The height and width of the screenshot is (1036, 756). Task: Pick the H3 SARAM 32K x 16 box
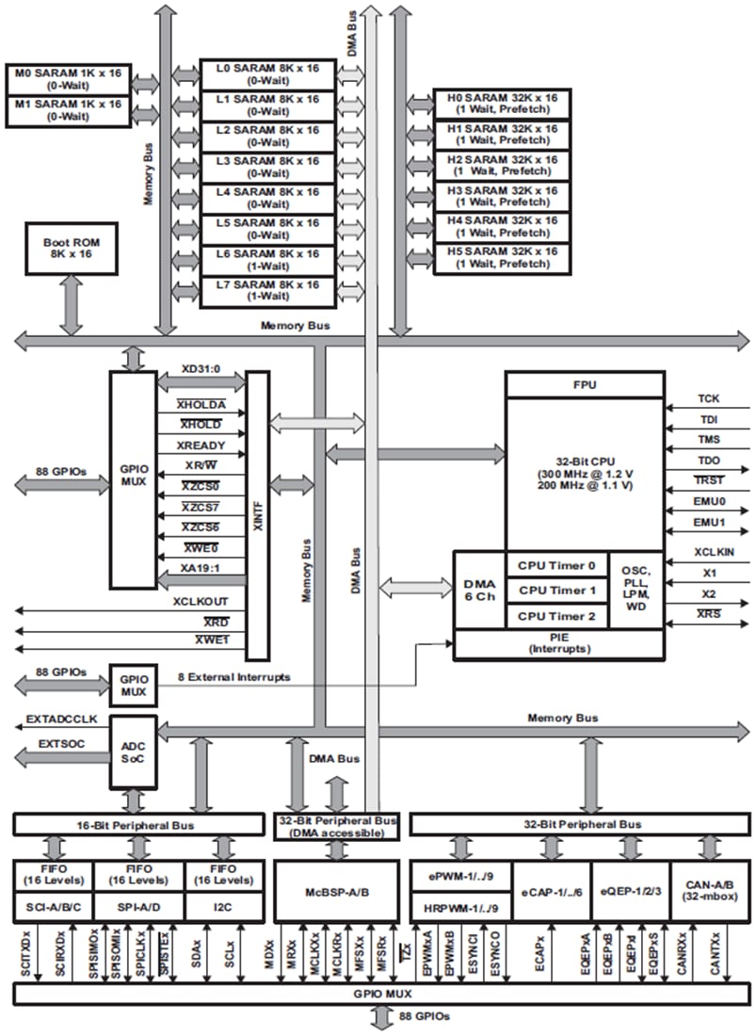point(503,198)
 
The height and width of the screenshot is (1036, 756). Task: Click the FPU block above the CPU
point(584,384)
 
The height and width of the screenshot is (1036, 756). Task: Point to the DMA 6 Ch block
point(479,591)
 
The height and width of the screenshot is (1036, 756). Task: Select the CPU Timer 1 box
point(557,591)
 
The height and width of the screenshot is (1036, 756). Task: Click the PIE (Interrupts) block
point(557,645)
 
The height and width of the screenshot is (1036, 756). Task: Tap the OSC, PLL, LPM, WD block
point(635,591)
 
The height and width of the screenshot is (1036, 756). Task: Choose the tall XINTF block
point(257,514)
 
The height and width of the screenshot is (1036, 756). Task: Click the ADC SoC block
point(133,752)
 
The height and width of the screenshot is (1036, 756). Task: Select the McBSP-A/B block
point(335,891)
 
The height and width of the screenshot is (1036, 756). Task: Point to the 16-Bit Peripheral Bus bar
point(138,825)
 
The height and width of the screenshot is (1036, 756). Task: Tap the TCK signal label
point(708,399)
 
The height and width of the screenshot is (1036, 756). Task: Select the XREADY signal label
point(201,444)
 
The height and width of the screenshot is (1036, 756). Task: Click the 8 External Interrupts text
point(234,677)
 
